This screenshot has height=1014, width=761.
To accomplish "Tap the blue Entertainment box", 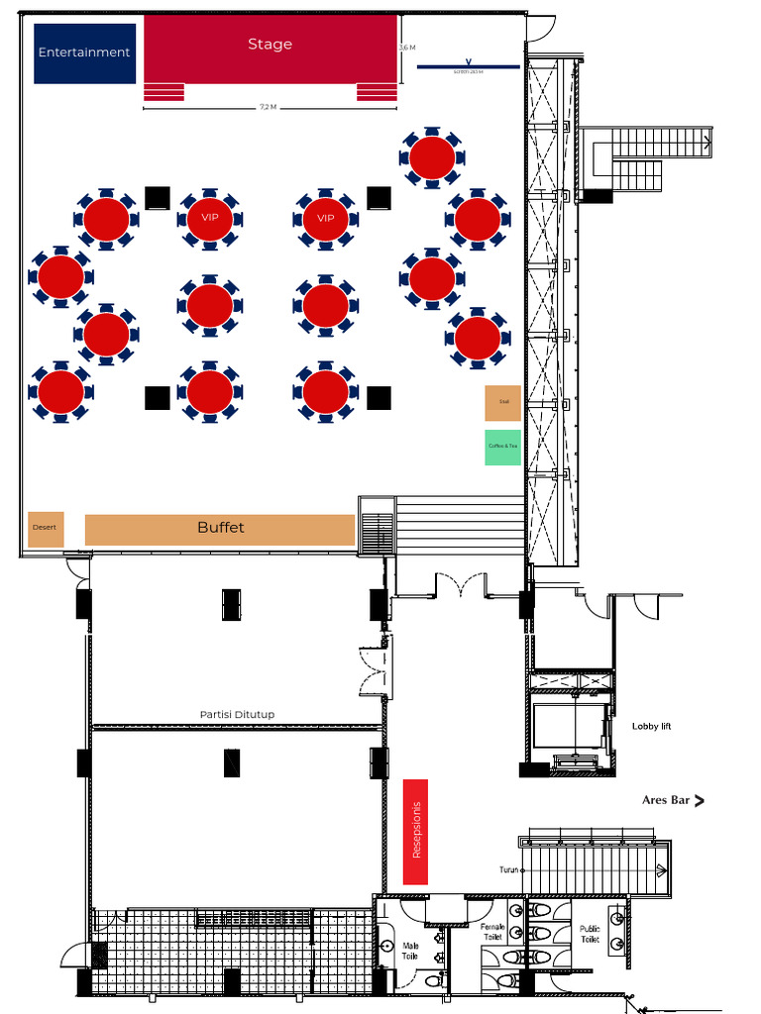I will point(84,52).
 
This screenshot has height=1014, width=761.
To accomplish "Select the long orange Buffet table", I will point(220,529).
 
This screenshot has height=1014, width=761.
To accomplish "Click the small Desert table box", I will point(46,528).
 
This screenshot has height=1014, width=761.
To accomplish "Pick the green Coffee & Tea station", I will point(502,447).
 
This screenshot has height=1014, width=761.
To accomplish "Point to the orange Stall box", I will point(502,402).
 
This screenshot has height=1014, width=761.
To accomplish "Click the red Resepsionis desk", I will point(416,831).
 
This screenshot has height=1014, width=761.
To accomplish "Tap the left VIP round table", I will point(209,218).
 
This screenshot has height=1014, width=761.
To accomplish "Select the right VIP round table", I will point(325,218).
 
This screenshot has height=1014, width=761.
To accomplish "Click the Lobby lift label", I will point(652,727).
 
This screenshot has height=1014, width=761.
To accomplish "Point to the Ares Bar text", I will point(665,800).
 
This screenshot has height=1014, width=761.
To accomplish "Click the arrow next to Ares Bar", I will point(700,800).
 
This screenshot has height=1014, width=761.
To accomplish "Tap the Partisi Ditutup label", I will point(237,714).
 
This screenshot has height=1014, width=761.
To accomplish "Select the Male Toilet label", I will point(411,952).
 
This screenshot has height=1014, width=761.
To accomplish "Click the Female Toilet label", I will point(493,931).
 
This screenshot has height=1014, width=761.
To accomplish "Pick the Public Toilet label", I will point(590,933).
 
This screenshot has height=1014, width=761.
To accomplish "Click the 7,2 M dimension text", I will point(268,107).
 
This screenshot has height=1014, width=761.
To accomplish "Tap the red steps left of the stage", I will point(164,92).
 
